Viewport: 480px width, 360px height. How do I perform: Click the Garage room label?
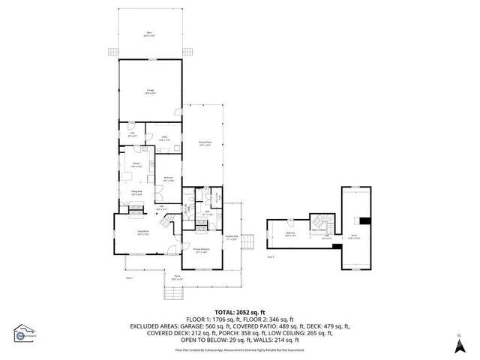tap(150, 91)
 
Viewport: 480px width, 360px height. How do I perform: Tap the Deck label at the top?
tap(150, 34)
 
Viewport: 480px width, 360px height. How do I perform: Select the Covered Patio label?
tap(204, 145)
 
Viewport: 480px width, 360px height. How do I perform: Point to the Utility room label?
tap(165, 139)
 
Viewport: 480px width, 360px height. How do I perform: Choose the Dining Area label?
tap(137, 193)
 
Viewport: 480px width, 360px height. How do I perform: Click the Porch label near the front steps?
tap(177, 277)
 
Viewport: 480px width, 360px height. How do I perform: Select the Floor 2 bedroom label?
tap(290, 234)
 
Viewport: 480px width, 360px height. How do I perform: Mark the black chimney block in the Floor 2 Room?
tap(364, 220)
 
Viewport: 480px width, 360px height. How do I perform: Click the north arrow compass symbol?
tap(459, 345)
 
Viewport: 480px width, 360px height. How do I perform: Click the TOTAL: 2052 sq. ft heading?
tap(241, 311)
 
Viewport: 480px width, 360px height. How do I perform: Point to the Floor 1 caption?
tap(129, 277)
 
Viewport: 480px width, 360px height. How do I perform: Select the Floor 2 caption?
tap(271, 256)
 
